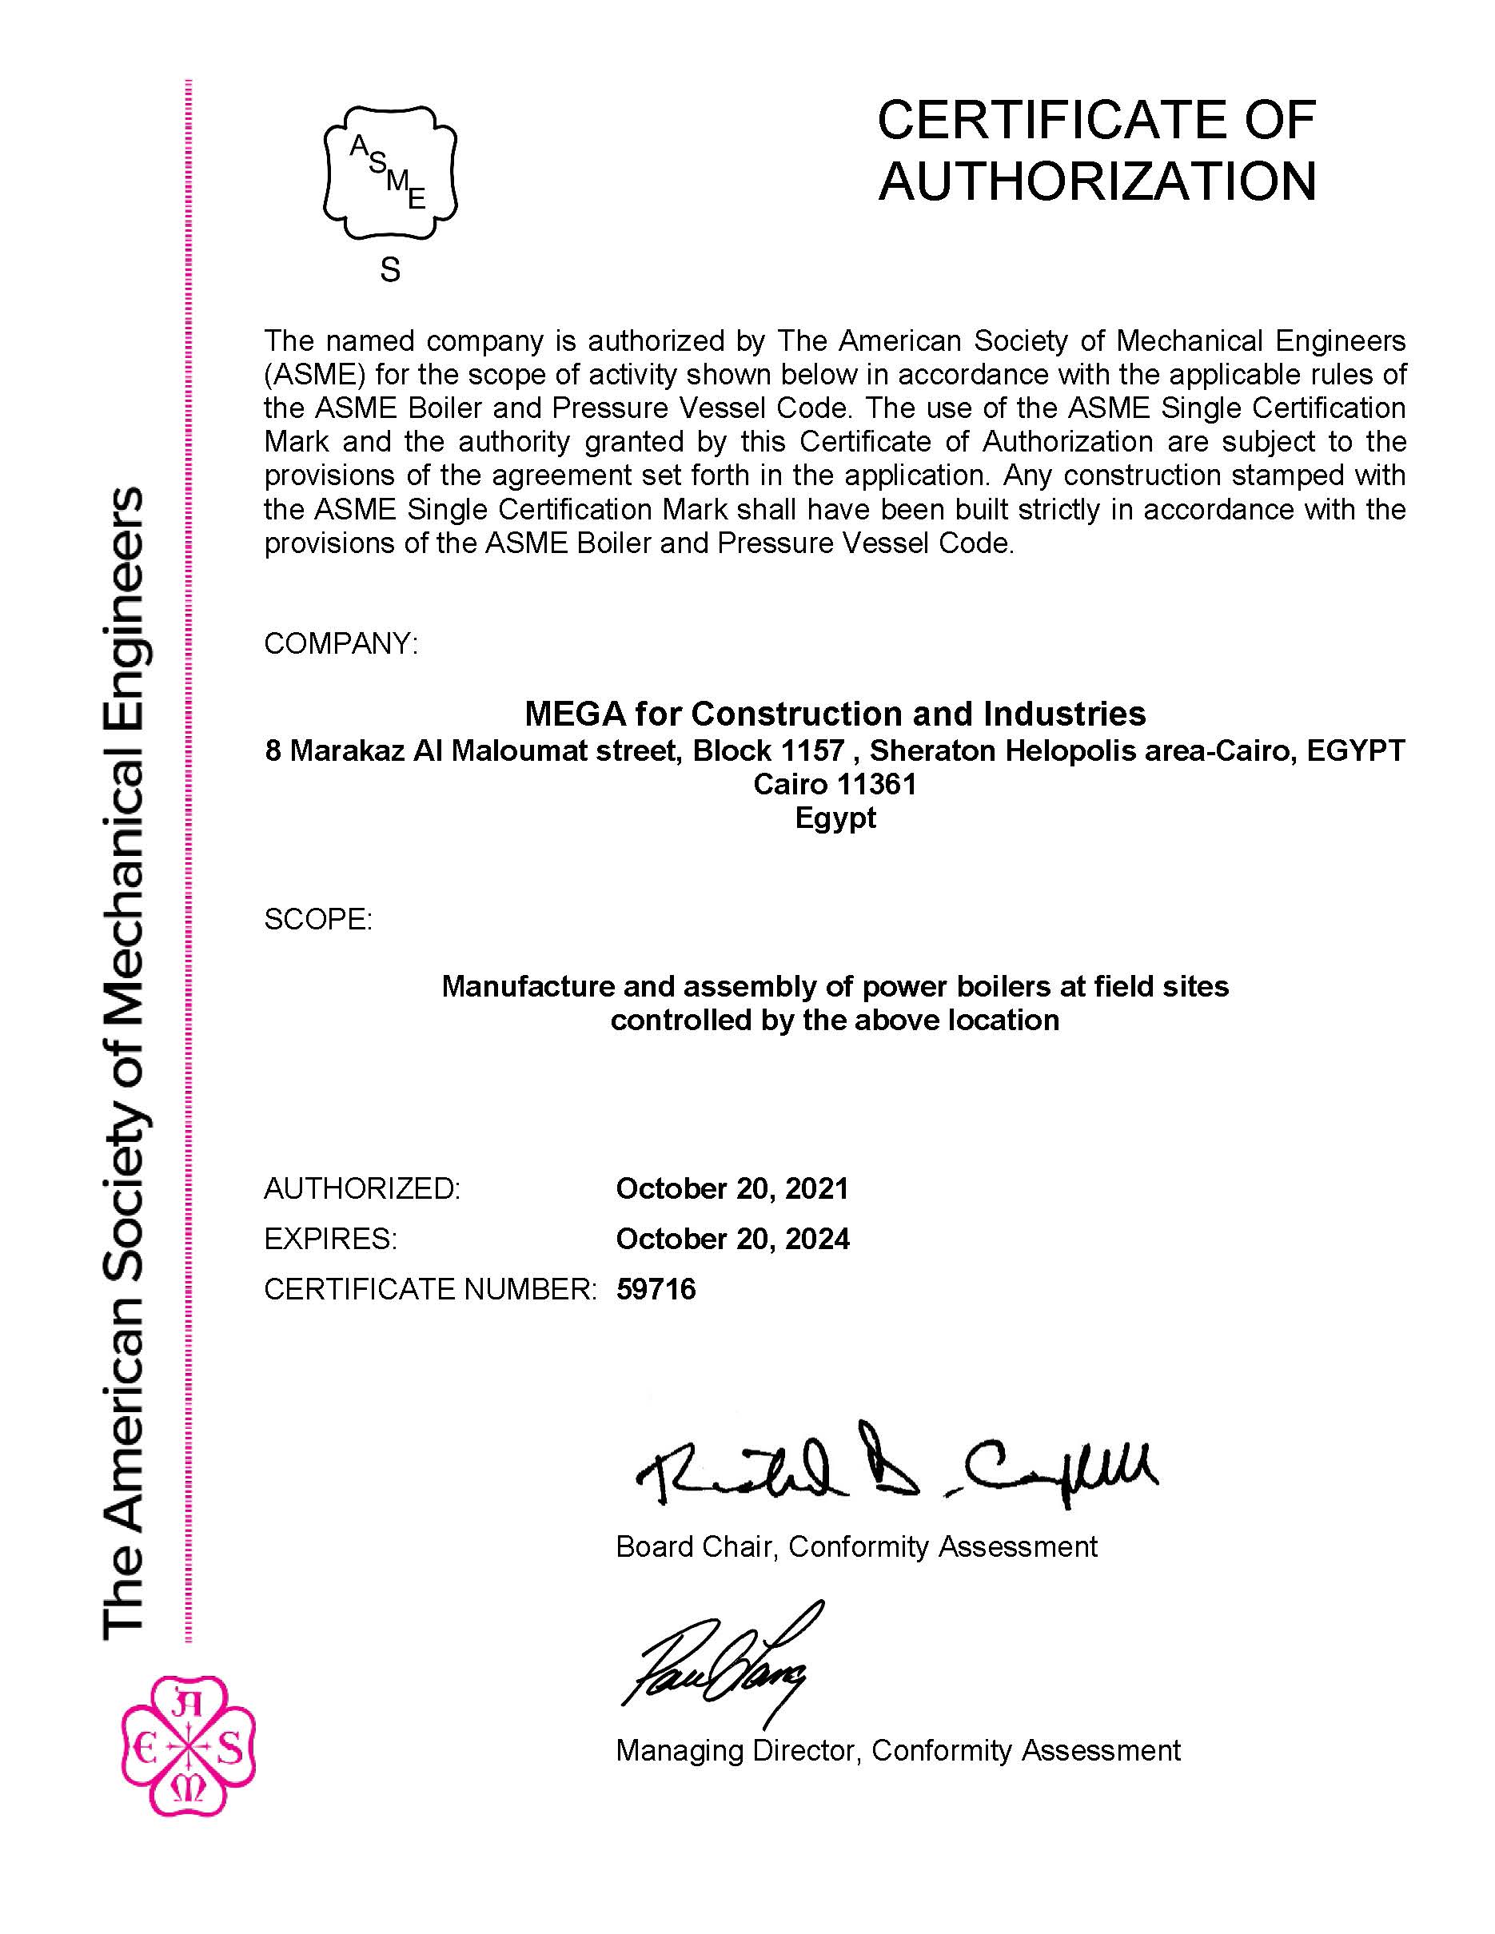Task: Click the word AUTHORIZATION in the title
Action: pyautogui.click(x=1096, y=181)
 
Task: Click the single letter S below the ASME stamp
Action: pyautogui.click(x=389, y=269)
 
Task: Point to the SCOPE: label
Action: pyautogui.click(x=318, y=919)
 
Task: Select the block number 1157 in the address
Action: pyautogui.click(x=811, y=751)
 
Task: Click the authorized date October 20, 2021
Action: pyautogui.click(x=732, y=1188)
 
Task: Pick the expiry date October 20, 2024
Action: pyautogui.click(x=732, y=1239)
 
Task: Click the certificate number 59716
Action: pyautogui.click(x=656, y=1289)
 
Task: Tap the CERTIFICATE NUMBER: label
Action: pyautogui.click(x=430, y=1289)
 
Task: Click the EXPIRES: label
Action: pyautogui.click(x=330, y=1239)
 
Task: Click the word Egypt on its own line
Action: pyautogui.click(x=835, y=818)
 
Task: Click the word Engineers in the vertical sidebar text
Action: pyautogui.click(x=124, y=575)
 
